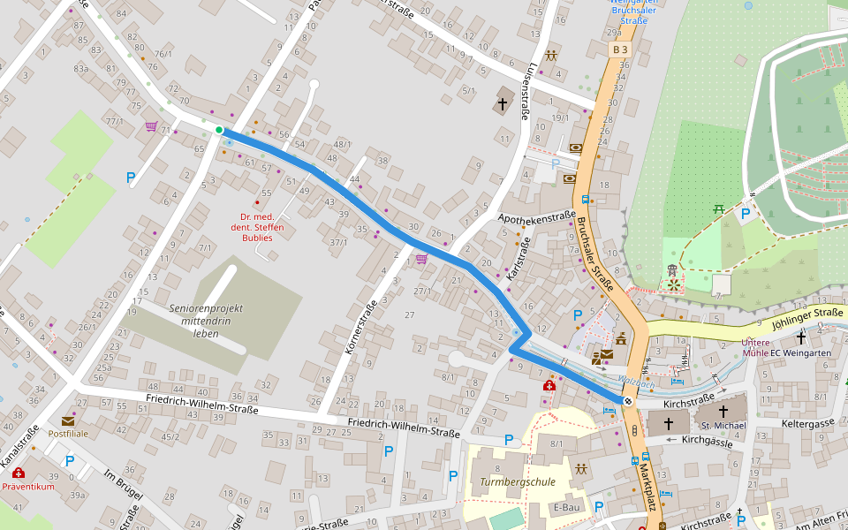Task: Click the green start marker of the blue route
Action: (x=218, y=131)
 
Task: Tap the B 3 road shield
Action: (x=621, y=50)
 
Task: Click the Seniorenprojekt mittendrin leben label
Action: (x=206, y=321)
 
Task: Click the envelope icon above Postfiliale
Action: (x=68, y=420)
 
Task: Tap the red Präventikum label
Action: (x=28, y=487)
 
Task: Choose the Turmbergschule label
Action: (x=518, y=482)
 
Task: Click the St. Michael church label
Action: (x=723, y=426)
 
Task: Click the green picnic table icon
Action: (x=719, y=208)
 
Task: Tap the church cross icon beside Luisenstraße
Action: (x=503, y=104)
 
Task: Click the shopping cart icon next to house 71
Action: (x=151, y=126)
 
